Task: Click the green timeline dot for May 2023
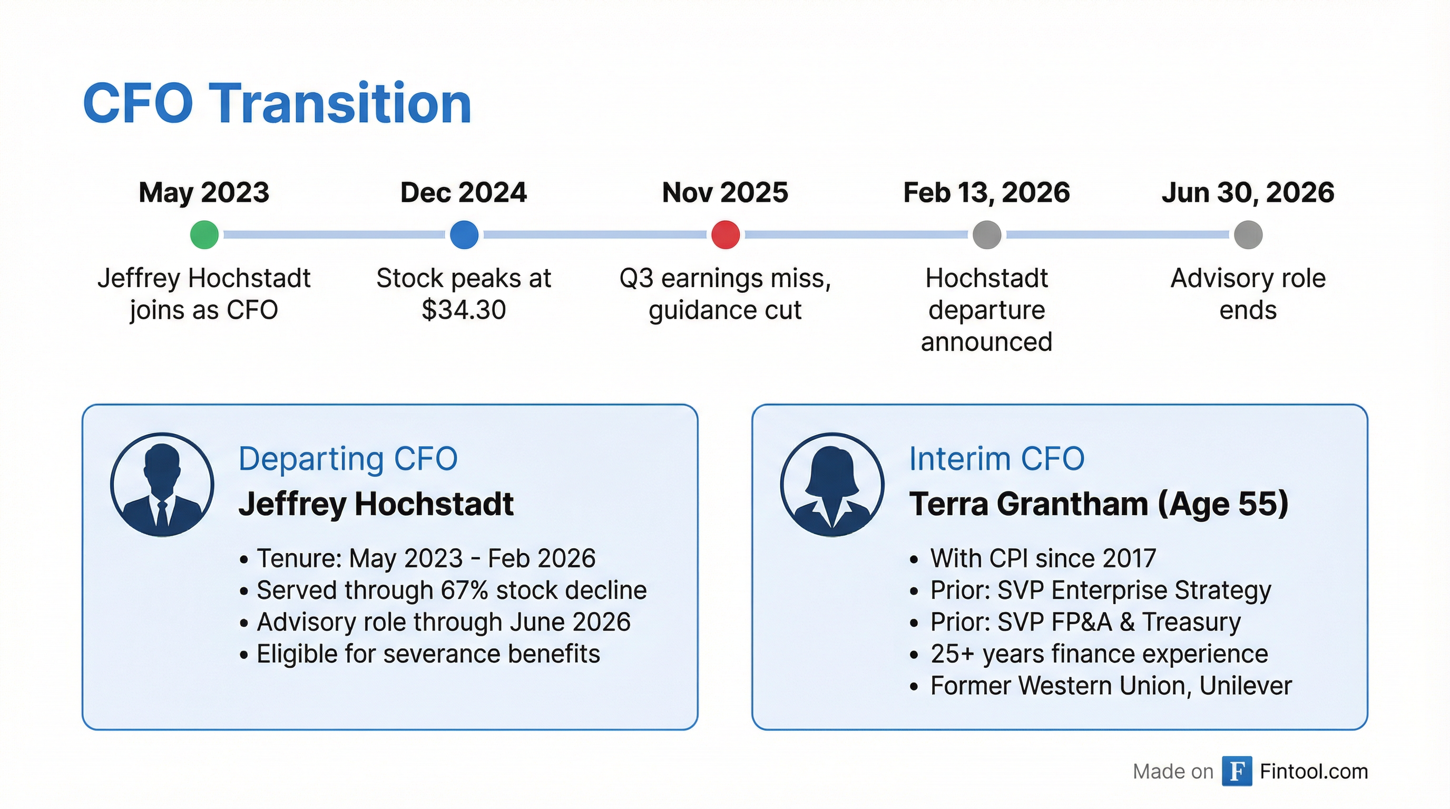pyautogui.click(x=204, y=234)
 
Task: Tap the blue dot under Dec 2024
pyautogui.click(x=464, y=234)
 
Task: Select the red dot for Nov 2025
pyautogui.click(x=725, y=234)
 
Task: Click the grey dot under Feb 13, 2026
pyautogui.click(x=987, y=234)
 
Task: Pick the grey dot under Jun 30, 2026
pyautogui.click(x=1248, y=234)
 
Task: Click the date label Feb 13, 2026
pyautogui.click(x=986, y=193)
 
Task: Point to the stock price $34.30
pyautogui.click(x=464, y=310)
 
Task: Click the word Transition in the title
pyautogui.click(x=340, y=104)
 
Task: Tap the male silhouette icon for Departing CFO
pyautogui.click(x=162, y=485)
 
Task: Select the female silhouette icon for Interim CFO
pyautogui.click(x=832, y=485)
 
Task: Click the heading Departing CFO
pyautogui.click(x=348, y=459)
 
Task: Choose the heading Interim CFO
pyautogui.click(x=997, y=459)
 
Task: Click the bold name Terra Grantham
pyautogui.click(x=1028, y=504)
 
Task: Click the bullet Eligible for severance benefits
pyautogui.click(x=428, y=654)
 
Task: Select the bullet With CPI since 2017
pyautogui.click(x=1043, y=558)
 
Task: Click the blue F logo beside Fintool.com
pyautogui.click(x=1237, y=771)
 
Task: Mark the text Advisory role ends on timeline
pyautogui.click(x=1248, y=294)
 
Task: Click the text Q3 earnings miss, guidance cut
pyautogui.click(x=725, y=294)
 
